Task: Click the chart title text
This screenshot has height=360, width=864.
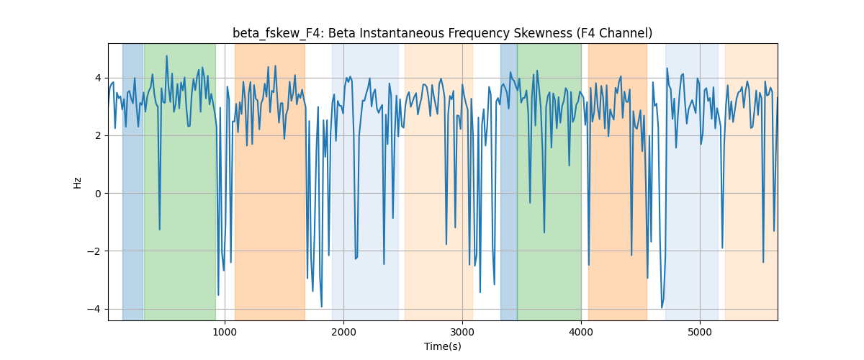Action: pos(442,34)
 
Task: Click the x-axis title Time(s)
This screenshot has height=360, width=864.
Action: pos(443,346)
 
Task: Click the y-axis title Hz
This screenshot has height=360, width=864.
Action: pos(78,182)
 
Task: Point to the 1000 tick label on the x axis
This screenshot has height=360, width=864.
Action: pos(225,333)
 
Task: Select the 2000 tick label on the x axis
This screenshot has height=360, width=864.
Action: pos(343,333)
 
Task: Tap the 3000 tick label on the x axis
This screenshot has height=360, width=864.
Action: pos(462,333)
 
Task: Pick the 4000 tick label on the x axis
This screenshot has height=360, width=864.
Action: pos(581,333)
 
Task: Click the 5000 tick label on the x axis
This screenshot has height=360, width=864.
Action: pos(700,333)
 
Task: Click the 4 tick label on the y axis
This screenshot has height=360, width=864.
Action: pos(98,78)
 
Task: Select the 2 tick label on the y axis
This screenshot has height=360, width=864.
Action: pos(98,136)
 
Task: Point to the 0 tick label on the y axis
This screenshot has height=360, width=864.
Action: pos(98,194)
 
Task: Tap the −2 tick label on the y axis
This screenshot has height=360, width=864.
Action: pos(94,251)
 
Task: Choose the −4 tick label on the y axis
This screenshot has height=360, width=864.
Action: pos(94,310)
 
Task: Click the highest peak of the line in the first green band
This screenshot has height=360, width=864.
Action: pos(166,55)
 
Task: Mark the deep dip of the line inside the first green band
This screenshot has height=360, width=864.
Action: pos(159,230)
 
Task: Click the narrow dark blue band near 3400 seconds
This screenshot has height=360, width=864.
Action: pos(509,181)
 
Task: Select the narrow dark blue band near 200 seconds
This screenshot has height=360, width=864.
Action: pos(132,181)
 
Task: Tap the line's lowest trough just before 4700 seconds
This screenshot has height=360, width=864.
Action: pos(662,307)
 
